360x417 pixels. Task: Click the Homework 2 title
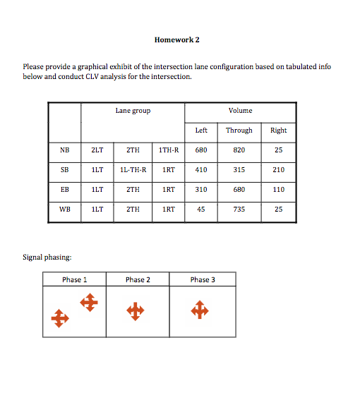[177, 40]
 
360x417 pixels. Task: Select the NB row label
[65, 150]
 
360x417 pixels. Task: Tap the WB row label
[65, 210]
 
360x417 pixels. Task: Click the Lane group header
[133, 111]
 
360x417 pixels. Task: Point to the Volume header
[241, 111]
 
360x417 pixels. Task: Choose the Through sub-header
[239, 131]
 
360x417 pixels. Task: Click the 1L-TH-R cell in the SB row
[133, 170]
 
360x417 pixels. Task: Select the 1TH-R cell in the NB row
[169, 150]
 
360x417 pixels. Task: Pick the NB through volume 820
[239, 150]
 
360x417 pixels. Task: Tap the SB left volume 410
[201, 170]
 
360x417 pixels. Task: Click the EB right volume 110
[279, 190]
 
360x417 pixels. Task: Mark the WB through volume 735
[239, 210]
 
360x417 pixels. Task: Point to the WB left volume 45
[201, 210]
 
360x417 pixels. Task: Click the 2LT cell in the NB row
[97, 150]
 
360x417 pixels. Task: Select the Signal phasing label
[47, 258]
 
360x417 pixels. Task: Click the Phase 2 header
[138, 280]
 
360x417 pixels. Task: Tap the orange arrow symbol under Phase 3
[200, 310]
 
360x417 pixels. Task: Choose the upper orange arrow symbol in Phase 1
[89, 303]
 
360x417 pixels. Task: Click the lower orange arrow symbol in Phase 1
[60, 318]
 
